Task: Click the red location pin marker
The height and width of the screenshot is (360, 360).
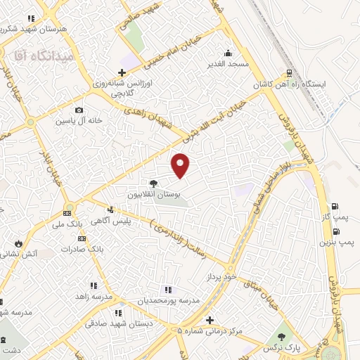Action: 181,165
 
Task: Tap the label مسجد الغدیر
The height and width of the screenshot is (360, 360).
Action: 227,64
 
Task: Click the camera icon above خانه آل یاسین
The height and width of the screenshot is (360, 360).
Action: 79,110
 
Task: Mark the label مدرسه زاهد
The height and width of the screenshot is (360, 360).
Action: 90,297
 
